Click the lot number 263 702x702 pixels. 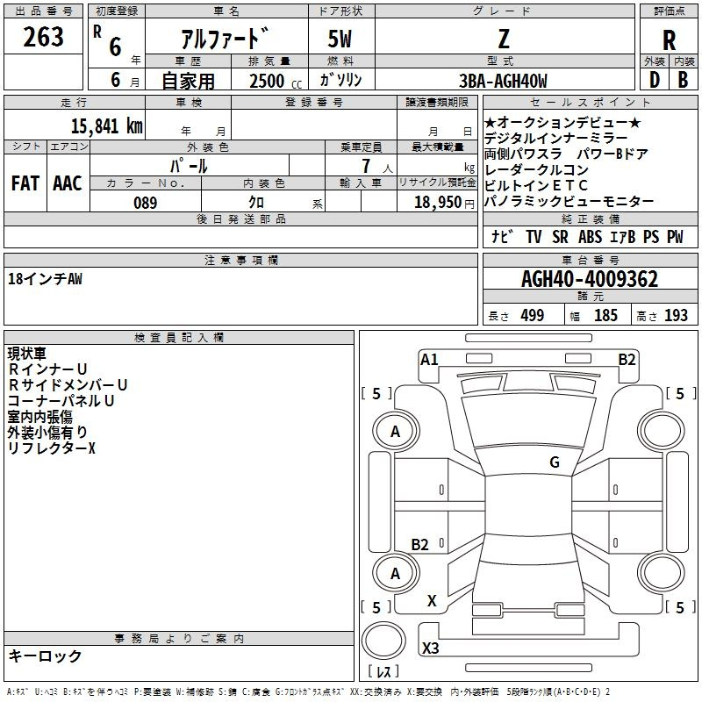(x=43, y=37)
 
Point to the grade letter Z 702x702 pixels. (x=503, y=39)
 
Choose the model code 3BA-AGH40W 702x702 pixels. (x=503, y=81)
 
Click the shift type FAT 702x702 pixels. (x=25, y=183)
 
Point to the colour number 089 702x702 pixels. (x=145, y=203)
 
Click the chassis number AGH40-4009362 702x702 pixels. (x=590, y=279)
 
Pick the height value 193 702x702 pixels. (x=676, y=316)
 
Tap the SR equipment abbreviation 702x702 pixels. (x=559, y=237)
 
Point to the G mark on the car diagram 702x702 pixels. (x=554, y=462)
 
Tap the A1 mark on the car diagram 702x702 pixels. (x=429, y=359)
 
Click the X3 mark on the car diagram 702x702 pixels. (x=431, y=648)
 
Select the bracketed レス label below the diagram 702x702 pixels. (x=383, y=671)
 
